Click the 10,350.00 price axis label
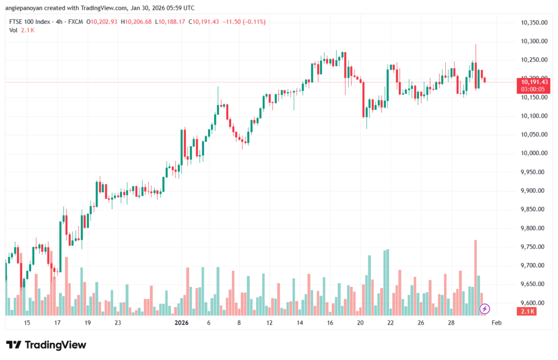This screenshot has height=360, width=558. click(533, 22)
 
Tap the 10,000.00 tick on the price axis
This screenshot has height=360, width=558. click(533, 153)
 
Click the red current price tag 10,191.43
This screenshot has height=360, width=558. click(535, 82)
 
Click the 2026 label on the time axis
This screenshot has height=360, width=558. click(181, 323)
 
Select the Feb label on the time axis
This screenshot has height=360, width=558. click(496, 323)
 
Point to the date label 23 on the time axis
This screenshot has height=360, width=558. click(118, 323)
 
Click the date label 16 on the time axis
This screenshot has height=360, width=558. click(330, 323)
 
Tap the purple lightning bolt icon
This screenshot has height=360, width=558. click(484, 309)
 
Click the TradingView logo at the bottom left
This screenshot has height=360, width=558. click(46, 345)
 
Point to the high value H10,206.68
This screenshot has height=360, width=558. click(137, 22)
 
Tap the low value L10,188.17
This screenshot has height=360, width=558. click(170, 22)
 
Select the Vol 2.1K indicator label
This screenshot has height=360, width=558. click(22, 30)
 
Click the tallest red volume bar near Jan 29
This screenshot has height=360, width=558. click(476, 277)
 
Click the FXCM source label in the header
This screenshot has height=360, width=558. click(76, 22)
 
